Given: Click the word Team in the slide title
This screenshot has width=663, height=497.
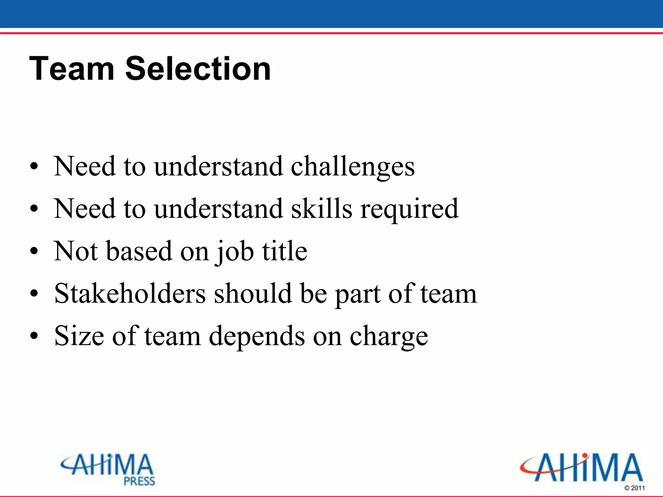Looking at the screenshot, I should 72,69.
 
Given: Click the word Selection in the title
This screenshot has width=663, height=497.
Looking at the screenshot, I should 198,69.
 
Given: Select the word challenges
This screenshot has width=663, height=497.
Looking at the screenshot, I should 353,167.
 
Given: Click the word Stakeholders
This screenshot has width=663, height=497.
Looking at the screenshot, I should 130,293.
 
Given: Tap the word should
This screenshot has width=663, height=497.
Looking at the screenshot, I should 253,293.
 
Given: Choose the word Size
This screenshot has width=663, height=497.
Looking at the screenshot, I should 79,336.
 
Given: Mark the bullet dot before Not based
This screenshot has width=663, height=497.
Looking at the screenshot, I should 34,251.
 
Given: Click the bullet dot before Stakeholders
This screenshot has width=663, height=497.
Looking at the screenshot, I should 34,294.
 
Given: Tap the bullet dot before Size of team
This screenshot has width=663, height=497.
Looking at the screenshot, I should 34,336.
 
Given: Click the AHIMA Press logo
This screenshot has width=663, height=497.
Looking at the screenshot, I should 108,469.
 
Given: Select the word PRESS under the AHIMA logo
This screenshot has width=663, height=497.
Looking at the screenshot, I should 140,481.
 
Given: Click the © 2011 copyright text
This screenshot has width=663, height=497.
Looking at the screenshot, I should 635,488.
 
